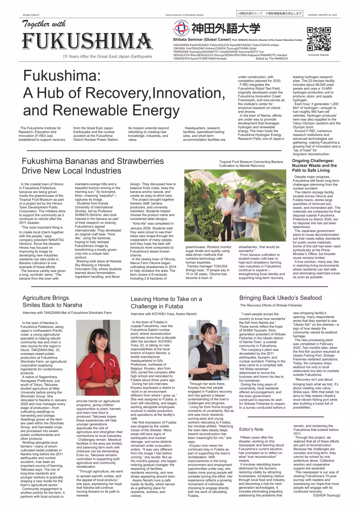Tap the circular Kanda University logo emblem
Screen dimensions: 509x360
(181, 28)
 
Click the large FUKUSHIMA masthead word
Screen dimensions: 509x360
(87, 41)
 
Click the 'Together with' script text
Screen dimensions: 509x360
(44, 24)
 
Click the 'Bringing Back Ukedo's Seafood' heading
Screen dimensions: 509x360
(280, 298)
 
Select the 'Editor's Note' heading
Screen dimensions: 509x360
(251, 429)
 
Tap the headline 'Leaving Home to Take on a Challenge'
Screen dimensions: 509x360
(166, 303)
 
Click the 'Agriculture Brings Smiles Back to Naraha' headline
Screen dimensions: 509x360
(52, 301)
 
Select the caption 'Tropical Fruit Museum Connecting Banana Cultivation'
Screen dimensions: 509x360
(251, 164)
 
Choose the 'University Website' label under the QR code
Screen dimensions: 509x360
(318, 55)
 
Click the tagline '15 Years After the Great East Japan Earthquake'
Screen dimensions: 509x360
(107, 56)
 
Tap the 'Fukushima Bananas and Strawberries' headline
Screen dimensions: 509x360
(93, 166)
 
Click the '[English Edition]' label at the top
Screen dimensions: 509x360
(31, 15)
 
